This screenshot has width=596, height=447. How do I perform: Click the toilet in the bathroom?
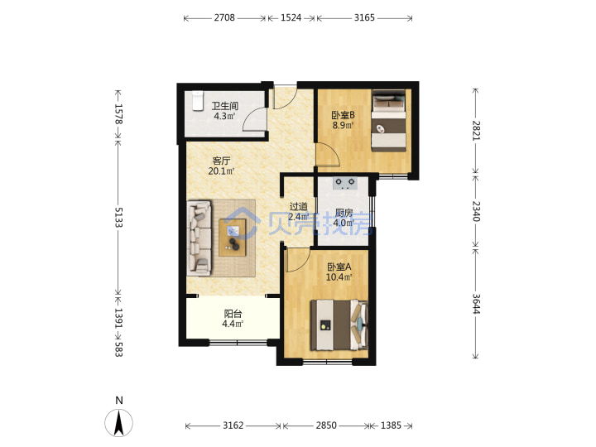[x=198, y=101]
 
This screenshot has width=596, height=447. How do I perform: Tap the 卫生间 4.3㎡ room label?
[x=224, y=111]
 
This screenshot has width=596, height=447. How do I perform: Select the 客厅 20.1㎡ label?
[x=221, y=166]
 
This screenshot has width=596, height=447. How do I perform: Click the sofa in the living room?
[x=199, y=238]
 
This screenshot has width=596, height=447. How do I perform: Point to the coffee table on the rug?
[x=233, y=238]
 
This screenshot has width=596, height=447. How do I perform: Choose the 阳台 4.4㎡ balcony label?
[x=233, y=319]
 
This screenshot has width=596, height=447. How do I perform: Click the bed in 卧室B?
[x=388, y=121]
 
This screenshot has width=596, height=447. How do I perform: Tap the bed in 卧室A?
[x=339, y=325]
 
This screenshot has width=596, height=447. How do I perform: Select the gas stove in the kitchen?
[x=345, y=184]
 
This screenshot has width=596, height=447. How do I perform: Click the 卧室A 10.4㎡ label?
[x=339, y=272]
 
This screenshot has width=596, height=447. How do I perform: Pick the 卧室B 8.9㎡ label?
[x=343, y=120]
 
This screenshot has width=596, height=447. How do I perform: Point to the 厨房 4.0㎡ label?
[x=344, y=218]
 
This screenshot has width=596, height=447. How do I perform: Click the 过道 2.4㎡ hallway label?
[x=298, y=211]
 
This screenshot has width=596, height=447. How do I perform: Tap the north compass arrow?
[x=119, y=423]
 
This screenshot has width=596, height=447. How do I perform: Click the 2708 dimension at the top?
[x=224, y=18]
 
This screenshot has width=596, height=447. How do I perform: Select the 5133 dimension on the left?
[x=118, y=218]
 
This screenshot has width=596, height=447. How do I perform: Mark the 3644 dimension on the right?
[x=476, y=304]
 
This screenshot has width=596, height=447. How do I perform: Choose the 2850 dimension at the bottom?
[x=326, y=425]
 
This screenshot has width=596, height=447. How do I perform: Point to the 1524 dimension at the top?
[x=291, y=18]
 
